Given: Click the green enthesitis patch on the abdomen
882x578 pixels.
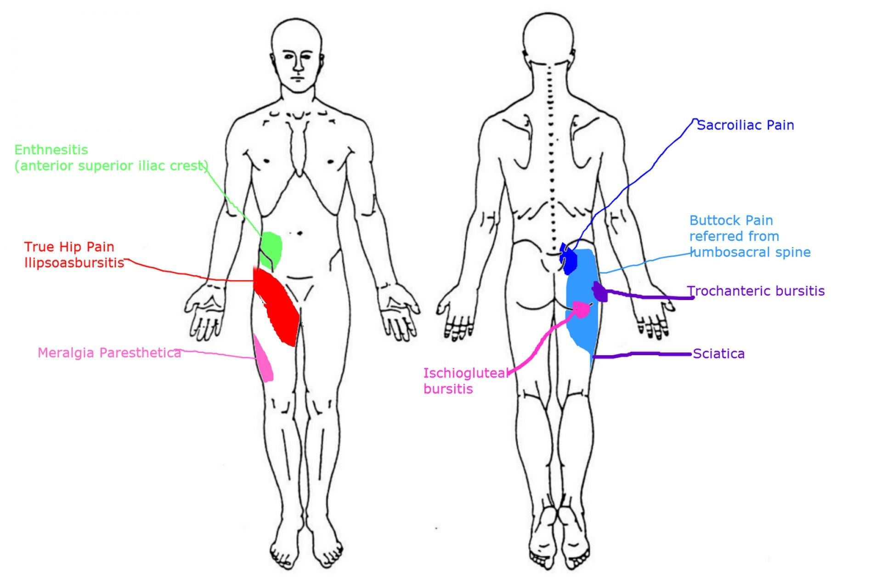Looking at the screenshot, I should pos(271,249).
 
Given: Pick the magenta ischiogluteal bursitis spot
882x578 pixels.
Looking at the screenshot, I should pos(581,310).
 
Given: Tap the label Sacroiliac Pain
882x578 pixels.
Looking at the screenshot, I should pos(745,125).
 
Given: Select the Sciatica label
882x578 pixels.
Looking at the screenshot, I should pos(718,354).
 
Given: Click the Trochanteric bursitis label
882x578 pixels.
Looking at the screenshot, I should pos(756,291).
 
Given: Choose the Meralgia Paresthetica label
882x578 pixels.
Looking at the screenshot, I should pos(109,353).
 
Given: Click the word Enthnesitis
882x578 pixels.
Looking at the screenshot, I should pos(51,150).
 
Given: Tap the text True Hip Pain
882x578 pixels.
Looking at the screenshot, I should pos(69,247).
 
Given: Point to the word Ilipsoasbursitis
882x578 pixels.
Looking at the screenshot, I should pos(74,263).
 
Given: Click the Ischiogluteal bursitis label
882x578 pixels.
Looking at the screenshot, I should pos(464,381).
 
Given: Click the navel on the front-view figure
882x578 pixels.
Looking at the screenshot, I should pos(299,233).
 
